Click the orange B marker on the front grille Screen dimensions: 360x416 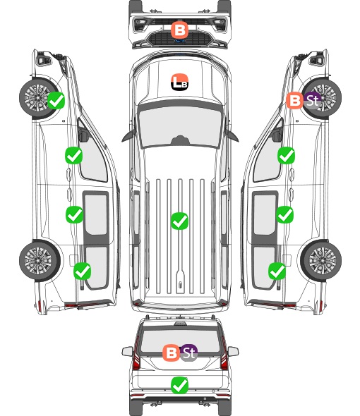click(179, 30)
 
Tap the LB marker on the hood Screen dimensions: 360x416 click(179, 82)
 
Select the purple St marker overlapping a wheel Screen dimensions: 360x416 click(312, 100)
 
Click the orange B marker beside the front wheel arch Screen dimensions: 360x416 click(294, 100)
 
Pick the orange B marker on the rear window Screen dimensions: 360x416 click(172, 353)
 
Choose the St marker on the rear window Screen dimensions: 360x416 click(189, 353)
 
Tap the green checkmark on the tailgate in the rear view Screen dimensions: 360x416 click(179, 385)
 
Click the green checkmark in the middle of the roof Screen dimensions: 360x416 click(179, 221)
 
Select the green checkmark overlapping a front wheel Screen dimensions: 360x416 click(56, 100)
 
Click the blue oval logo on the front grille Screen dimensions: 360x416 click(180, 41)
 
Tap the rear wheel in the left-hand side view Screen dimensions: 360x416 click(40, 261)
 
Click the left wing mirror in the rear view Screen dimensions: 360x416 click(127, 351)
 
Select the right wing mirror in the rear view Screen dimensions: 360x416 click(233, 351)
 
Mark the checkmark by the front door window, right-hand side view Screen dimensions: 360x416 click(286, 155)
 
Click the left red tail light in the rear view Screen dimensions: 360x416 click(136, 357)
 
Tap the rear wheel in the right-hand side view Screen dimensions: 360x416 click(321, 261)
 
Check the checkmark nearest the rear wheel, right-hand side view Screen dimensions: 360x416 click(277, 271)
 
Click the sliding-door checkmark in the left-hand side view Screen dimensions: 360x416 click(74, 214)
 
